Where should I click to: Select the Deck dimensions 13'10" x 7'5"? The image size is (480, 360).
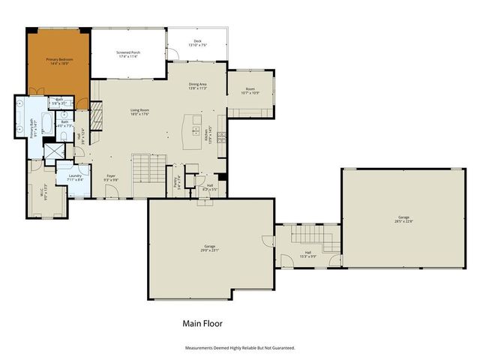pyautogui.click(x=197, y=46)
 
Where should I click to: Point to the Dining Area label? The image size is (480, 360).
pyautogui.click(x=198, y=87)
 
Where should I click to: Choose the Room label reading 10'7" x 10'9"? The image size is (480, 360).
pyautogui.click(x=250, y=91)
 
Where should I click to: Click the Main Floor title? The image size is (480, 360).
pyautogui.click(x=202, y=324)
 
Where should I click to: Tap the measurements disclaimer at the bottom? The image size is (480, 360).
pyautogui.click(x=240, y=348)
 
